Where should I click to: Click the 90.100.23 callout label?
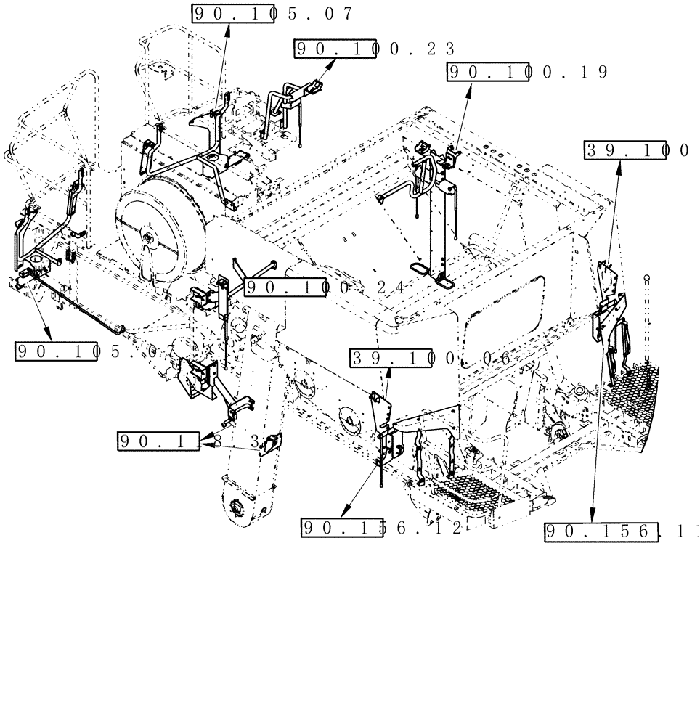point(374,49)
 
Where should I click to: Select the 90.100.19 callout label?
point(527,72)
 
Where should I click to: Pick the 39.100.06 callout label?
point(431,359)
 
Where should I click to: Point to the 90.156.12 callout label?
point(382,529)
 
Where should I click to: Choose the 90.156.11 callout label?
point(621,532)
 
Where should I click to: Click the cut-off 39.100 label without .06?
point(637,150)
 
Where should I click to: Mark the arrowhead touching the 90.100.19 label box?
point(470,86)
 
